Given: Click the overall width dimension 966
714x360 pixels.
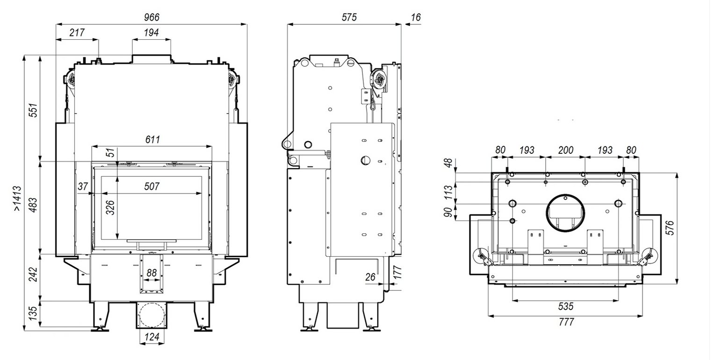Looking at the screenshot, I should (x=151, y=17).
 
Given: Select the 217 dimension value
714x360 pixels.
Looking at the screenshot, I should (x=77, y=32).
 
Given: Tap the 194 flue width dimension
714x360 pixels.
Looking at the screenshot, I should (x=151, y=32).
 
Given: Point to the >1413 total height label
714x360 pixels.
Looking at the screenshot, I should (x=17, y=199).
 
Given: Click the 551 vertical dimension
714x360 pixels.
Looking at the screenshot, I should (x=33, y=110).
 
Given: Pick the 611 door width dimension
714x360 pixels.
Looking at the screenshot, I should (x=152, y=139).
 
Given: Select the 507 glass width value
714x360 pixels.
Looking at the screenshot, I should (x=151, y=186).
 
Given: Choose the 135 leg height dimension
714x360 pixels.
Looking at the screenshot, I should (x=33, y=314).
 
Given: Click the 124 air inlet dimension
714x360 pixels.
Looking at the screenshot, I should (x=151, y=337).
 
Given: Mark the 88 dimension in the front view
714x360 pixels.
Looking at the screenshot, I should (x=151, y=273).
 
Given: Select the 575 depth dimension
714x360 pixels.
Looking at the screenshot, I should (x=349, y=17).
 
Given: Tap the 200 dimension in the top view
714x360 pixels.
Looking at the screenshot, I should (x=566, y=151).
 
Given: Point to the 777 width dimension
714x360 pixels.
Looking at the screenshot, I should (x=566, y=322).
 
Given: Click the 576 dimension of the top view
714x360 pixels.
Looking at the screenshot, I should (x=671, y=228).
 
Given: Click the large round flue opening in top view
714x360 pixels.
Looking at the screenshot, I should (x=565, y=211).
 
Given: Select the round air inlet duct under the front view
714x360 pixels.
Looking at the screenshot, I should (x=151, y=316).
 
